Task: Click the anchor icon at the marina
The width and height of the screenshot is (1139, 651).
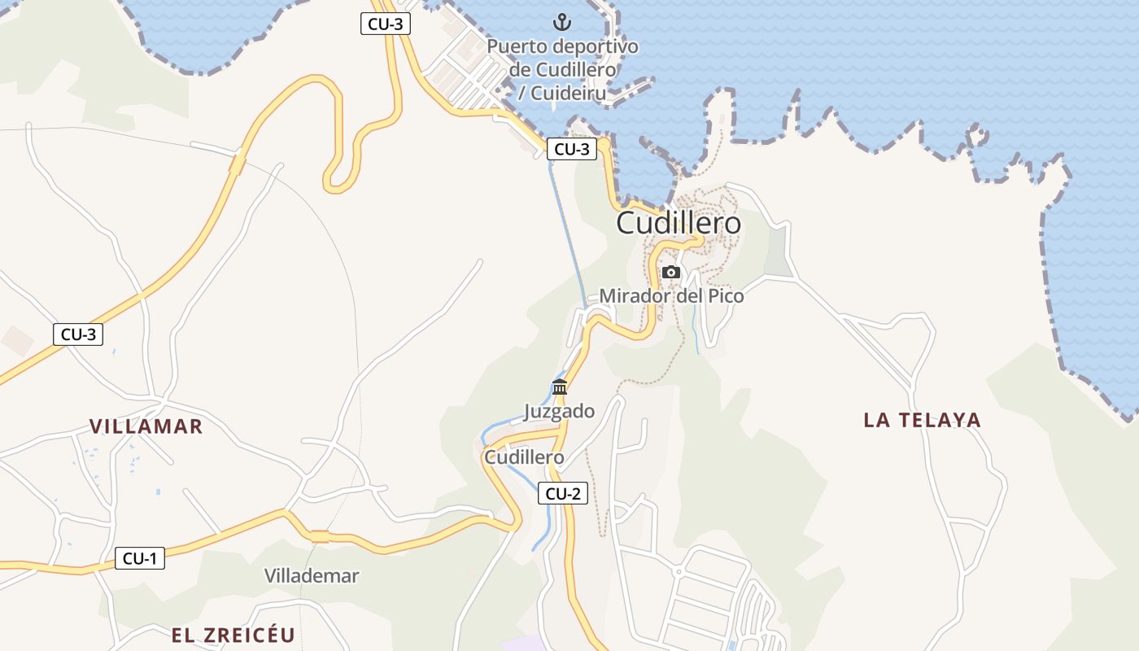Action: point(562,21)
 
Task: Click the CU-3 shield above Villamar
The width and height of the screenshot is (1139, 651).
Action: point(78,334)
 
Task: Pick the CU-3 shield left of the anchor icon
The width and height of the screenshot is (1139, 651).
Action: point(385,24)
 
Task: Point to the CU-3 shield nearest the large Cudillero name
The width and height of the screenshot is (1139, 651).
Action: point(571,149)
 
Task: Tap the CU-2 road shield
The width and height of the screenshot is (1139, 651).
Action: point(562,493)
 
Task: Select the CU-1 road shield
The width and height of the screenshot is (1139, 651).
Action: point(139,558)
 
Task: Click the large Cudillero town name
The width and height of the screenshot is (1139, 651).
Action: point(679,223)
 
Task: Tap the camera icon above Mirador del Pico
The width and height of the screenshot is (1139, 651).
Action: point(671,272)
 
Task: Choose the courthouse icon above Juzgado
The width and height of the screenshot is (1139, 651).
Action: point(560,387)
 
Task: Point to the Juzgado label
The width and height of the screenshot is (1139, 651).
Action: point(559,412)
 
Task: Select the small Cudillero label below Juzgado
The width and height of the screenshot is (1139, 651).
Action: point(524,457)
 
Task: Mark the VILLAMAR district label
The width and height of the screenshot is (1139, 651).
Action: point(146,426)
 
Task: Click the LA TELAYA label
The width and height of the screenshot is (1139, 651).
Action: point(923,420)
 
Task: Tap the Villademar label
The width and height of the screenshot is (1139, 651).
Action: point(312,576)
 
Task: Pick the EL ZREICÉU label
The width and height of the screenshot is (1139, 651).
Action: point(233,636)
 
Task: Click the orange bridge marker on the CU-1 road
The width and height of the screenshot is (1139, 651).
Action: point(320,536)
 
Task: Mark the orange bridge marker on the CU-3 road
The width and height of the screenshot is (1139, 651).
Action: point(238,165)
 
